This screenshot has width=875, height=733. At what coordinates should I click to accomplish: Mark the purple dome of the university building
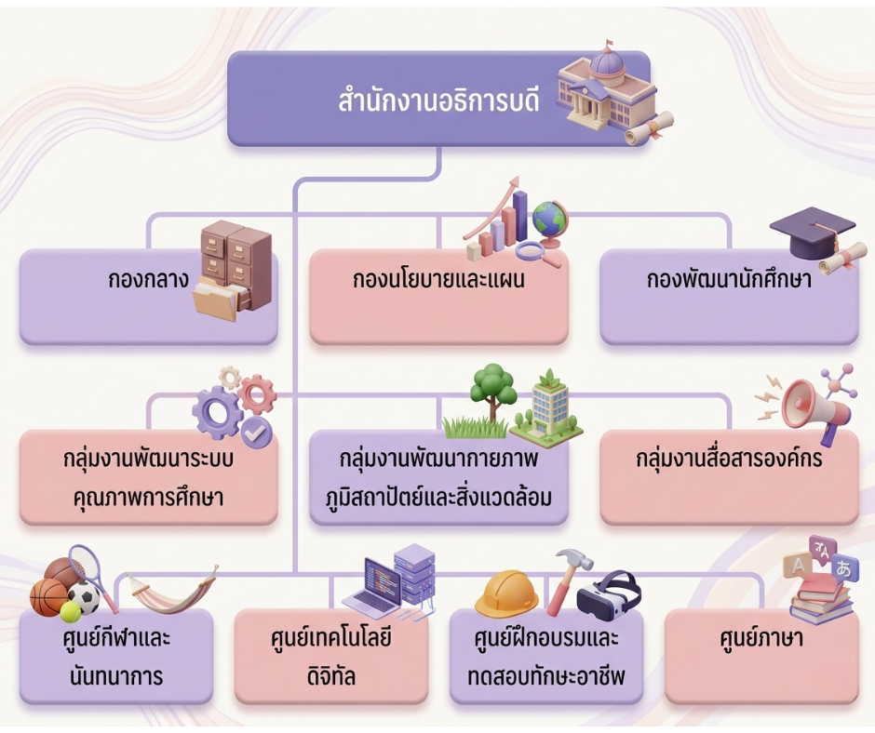tap(607, 63)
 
